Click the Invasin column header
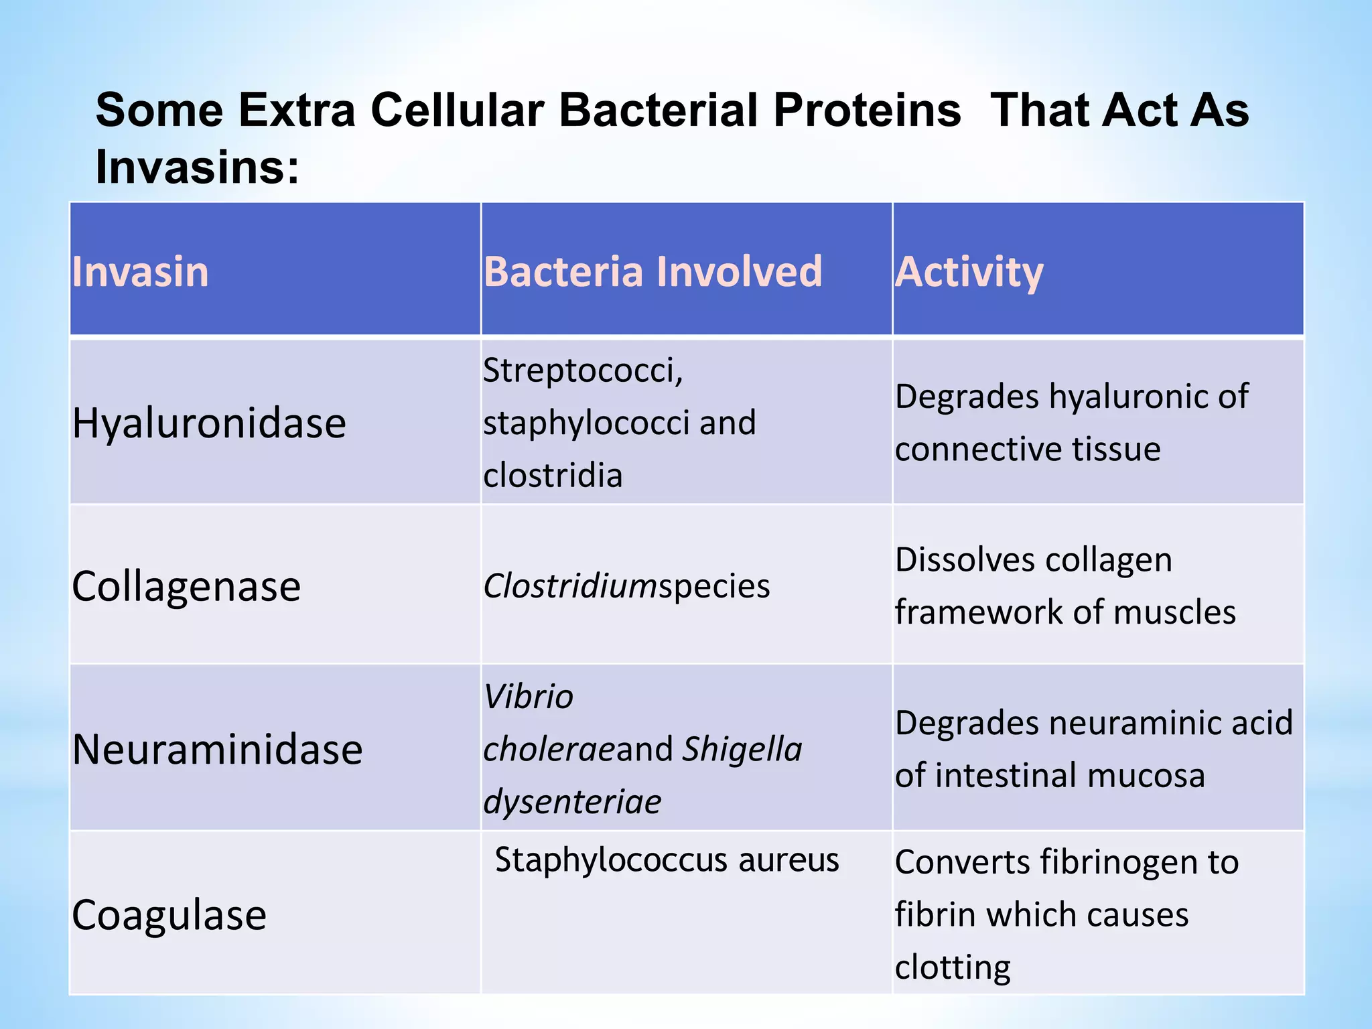pyautogui.click(x=141, y=272)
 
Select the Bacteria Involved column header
pyautogui.click(x=653, y=272)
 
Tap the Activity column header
pyautogui.click(x=969, y=272)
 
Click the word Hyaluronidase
pyautogui.click(x=209, y=423)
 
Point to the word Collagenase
pyautogui.click(x=186, y=587)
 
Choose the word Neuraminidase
pyautogui.click(x=217, y=749)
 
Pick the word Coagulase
pyautogui.click(x=169, y=915)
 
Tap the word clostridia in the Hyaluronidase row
pyautogui.click(x=553, y=476)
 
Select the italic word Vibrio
pyautogui.click(x=528, y=697)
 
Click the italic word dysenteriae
pyautogui.click(x=572, y=802)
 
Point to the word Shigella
pyautogui.click(x=742, y=749)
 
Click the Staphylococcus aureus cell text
pyautogui.click(x=667, y=860)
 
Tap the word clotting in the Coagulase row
pyautogui.click(x=952, y=967)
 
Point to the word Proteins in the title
pyautogui.click(x=867, y=110)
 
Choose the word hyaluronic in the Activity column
pyautogui.click(x=1128, y=397)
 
